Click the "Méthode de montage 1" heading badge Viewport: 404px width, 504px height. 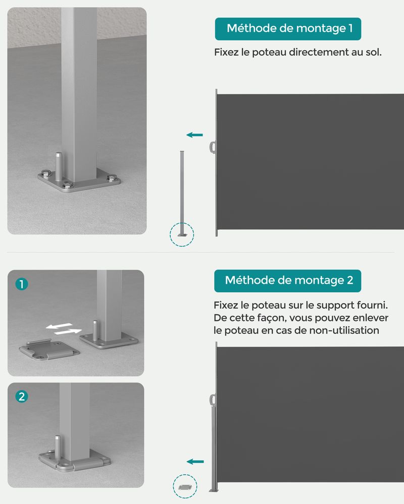[288, 29]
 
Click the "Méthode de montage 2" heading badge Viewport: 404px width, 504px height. [288, 281]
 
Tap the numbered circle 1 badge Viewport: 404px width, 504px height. [22, 284]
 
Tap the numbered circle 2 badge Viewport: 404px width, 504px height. [22, 397]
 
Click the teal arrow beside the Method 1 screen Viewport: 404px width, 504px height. [194, 135]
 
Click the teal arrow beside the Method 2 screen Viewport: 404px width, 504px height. [195, 462]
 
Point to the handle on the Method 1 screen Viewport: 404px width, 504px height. [213, 148]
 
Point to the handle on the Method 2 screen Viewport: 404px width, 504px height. [213, 400]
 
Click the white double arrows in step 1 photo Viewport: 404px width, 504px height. [64, 329]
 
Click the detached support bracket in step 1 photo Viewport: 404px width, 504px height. [49, 350]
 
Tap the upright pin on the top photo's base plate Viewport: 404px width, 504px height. [59, 166]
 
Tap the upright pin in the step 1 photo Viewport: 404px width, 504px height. [95, 330]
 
